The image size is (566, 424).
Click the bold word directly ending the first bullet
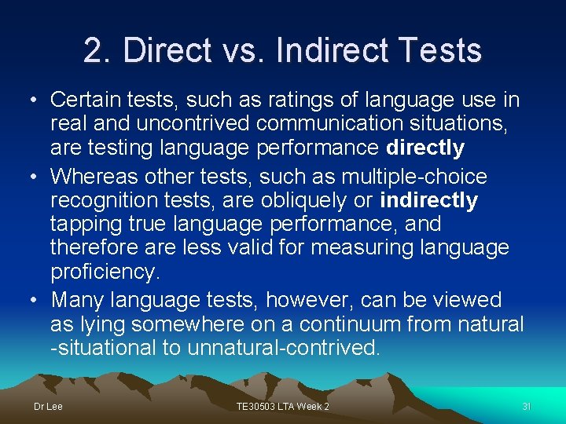click(x=425, y=148)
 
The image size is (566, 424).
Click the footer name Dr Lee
click(x=48, y=406)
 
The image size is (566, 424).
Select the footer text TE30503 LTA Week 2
click(x=283, y=406)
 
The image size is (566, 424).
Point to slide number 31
click(x=527, y=406)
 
